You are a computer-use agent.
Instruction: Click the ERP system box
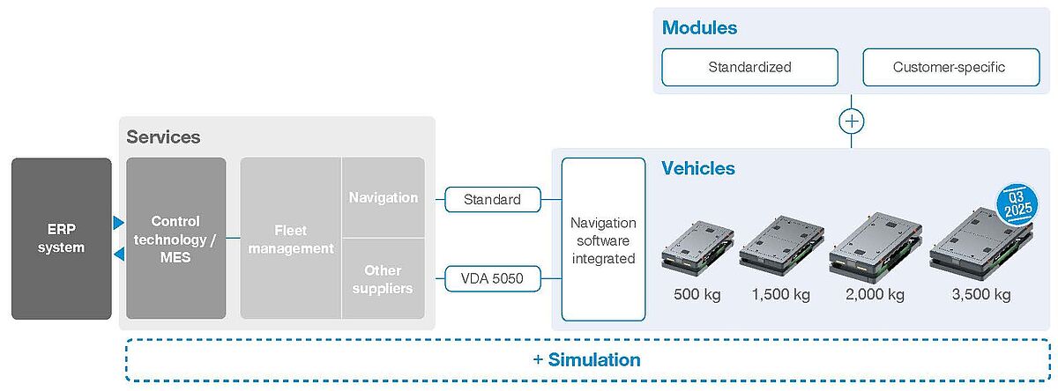(62, 238)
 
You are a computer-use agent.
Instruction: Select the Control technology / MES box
(175, 238)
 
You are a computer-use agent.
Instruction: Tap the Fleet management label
(291, 240)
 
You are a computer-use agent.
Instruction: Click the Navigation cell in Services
(383, 197)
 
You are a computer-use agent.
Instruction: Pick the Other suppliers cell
(383, 279)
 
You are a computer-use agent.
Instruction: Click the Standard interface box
(492, 200)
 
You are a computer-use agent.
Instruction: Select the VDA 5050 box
(492, 278)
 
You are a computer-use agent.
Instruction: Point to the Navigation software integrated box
(603, 240)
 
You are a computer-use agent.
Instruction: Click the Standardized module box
(749, 67)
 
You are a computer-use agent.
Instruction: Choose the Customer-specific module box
(950, 67)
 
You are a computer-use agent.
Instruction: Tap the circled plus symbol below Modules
(851, 122)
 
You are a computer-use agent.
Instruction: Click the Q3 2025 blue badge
(1017, 204)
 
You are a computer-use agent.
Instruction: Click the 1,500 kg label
(781, 294)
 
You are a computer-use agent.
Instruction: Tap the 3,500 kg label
(981, 294)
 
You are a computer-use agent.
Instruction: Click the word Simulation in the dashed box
(594, 360)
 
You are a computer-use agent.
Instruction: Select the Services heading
(163, 136)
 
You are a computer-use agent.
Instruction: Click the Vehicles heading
(698, 168)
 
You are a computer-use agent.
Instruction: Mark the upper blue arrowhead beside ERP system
(118, 223)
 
